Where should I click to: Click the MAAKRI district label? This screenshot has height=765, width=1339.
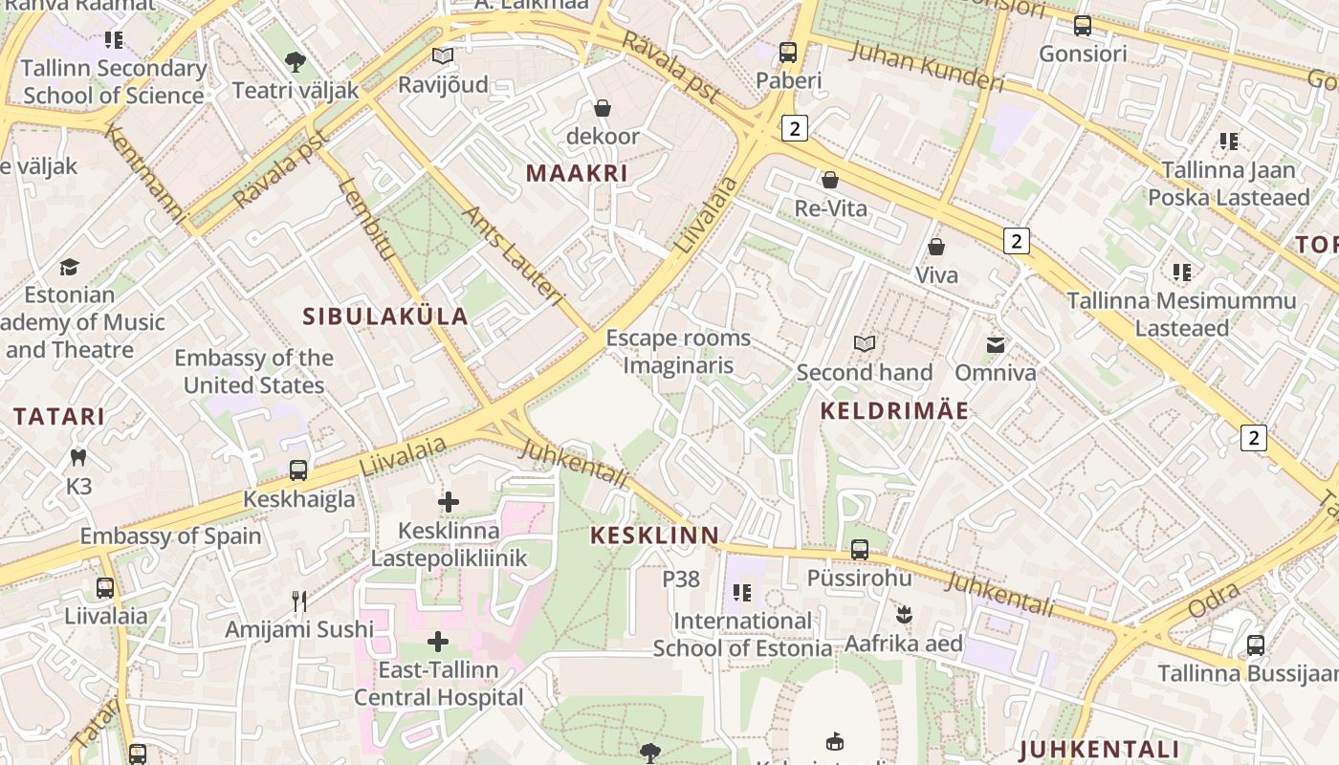tap(577, 173)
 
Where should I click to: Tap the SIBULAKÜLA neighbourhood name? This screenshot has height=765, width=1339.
tap(385, 317)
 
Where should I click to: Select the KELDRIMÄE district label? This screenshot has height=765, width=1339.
tap(894, 411)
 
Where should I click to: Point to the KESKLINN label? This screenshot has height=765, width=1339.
tap(654, 535)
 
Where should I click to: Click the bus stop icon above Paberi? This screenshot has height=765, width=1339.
tap(788, 53)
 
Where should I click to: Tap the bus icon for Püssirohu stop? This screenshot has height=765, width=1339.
tap(860, 550)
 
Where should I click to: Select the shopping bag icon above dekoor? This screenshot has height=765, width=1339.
tap(603, 108)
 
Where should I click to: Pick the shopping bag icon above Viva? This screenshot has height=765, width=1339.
tap(936, 247)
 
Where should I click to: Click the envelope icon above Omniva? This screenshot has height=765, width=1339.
tap(996, 344)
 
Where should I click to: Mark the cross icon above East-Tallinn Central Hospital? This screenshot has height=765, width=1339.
tap(438, 642)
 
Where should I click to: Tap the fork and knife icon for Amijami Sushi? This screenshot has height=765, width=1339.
tap(299, 601)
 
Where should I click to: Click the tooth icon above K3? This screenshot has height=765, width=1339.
tap(79, 458)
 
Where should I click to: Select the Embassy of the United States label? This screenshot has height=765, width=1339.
tap(253, 371)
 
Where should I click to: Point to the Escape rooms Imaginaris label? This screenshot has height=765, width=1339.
tap(678, 351)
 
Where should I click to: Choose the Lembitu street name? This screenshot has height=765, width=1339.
tap(365, 220)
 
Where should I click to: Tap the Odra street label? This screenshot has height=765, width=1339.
tap(1214, 600)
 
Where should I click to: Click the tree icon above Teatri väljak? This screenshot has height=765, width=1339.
tap(296, 62)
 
